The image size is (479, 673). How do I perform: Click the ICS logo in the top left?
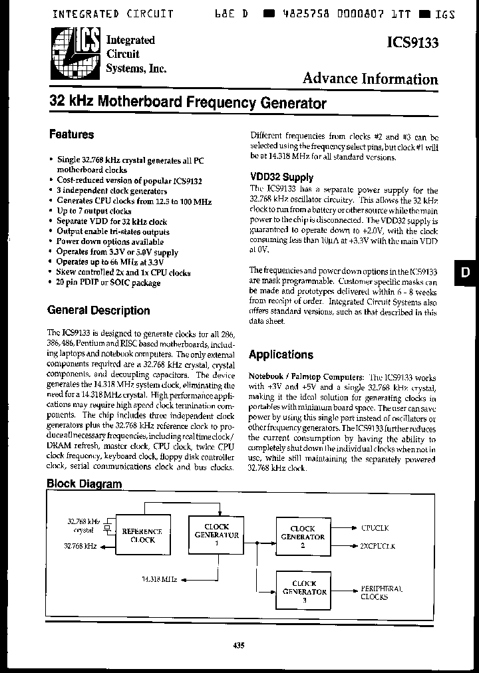74,54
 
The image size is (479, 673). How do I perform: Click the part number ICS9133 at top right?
412,43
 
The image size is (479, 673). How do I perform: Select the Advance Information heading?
370,79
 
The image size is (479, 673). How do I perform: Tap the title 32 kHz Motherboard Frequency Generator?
188,103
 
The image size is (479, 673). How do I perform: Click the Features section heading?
72,134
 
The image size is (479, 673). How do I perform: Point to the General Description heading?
98,310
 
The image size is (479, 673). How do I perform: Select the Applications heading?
281,354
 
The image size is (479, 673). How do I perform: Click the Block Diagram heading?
84,483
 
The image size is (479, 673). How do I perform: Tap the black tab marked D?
466,273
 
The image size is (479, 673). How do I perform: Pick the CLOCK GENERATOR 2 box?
303,536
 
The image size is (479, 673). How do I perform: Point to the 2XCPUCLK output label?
377,545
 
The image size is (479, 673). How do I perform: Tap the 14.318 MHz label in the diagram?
160,579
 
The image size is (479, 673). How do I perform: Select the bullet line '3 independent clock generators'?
103,190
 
